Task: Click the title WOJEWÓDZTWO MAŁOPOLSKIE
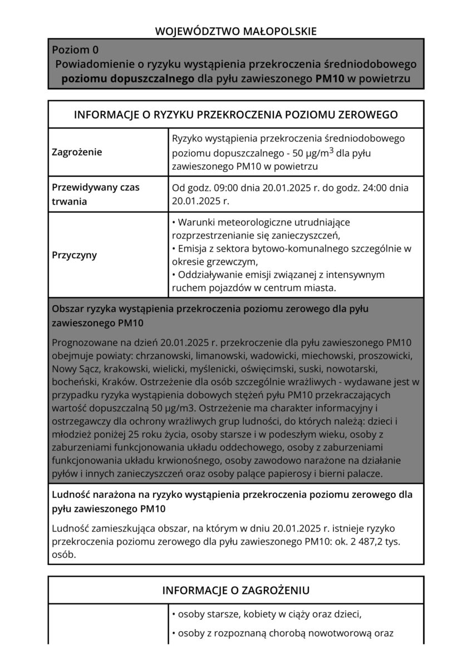(x=236, y=32)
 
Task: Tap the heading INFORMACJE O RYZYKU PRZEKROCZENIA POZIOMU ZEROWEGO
(x=236, y=115)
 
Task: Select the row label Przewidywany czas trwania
(x=87, y=194)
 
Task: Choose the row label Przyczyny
(x=74, y=256)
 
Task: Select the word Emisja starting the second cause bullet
(x=191, y=248)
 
